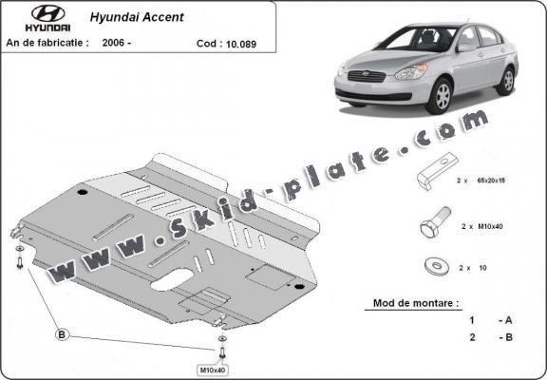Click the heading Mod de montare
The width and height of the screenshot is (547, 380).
tap(410, 306)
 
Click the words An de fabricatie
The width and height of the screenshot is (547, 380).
tap(47, 43)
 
